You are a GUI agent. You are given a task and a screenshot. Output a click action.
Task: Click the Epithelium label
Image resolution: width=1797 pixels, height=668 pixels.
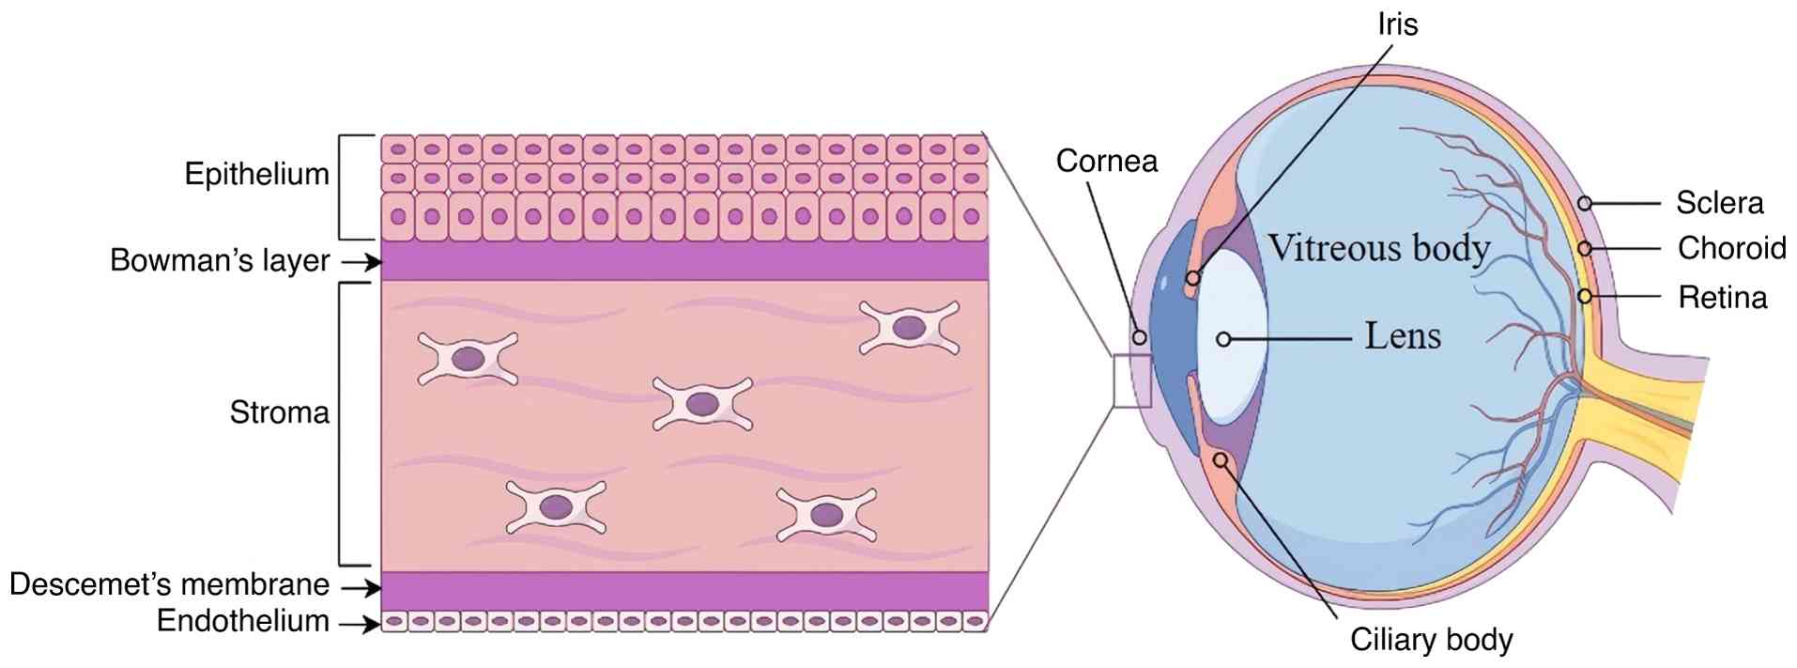coord(256,175)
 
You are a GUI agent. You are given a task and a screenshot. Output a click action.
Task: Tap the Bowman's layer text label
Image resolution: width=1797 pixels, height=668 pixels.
coord(220,260)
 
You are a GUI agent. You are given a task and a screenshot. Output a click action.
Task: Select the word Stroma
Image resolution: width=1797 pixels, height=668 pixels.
coord(279,412)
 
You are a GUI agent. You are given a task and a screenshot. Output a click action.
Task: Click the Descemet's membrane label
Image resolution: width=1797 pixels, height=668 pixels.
coord(169,584)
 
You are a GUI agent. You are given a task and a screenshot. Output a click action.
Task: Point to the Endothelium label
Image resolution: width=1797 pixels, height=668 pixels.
coord(242,621)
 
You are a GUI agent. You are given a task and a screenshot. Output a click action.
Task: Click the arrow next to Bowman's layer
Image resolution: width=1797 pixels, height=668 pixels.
coord(361,262)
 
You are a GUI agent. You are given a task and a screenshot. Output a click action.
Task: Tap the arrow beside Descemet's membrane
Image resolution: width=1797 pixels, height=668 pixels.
coord(361,589)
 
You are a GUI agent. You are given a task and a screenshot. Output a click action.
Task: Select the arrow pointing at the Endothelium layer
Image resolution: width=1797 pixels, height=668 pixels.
coord(361,623)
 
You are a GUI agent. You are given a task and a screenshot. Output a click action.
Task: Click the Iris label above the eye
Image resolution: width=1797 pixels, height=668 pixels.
coord(1397,24)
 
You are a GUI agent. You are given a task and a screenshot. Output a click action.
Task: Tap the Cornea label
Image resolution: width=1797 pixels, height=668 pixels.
coord(1106,161)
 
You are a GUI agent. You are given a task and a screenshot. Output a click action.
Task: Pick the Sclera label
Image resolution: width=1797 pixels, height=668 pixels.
coord(1719,203)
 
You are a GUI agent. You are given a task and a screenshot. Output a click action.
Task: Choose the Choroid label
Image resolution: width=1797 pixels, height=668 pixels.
coord(1731,248)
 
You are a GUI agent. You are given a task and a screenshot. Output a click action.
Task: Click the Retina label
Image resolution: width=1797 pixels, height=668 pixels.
coord(1722,298)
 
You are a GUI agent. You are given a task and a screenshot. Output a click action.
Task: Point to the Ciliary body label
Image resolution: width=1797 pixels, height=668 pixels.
coord(1431,640)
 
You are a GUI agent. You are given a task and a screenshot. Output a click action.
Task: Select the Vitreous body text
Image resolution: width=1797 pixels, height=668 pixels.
coord(1379,248)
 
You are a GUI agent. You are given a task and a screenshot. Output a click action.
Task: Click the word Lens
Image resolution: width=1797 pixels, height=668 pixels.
coord(1402,335)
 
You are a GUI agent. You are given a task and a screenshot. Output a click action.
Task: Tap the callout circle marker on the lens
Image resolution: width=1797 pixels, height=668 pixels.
coord(1223,339)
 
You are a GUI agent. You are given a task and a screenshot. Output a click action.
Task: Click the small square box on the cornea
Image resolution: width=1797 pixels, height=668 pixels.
coord(1131,381)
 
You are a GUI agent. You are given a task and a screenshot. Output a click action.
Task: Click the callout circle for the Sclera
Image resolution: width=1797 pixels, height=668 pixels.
coord(1584,203)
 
